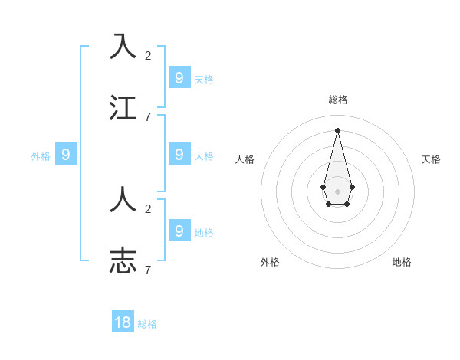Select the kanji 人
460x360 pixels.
123,199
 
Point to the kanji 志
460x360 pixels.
123,260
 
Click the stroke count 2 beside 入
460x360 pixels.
148,55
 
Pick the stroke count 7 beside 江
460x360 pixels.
148,116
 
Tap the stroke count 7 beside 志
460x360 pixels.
148,270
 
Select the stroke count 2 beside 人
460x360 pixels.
148,208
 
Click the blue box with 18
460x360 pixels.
123,322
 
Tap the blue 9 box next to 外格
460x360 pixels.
66,155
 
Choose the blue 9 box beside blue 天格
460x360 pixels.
179,77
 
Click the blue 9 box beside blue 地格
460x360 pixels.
179,230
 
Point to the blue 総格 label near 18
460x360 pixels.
147,324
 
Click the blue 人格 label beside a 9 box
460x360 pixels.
204,156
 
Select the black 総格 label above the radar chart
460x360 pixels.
337,100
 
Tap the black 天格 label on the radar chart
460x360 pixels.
431,159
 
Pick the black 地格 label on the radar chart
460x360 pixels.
402,262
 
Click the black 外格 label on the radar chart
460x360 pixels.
270,262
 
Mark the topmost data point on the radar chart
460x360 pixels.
337,129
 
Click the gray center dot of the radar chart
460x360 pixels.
337,191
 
